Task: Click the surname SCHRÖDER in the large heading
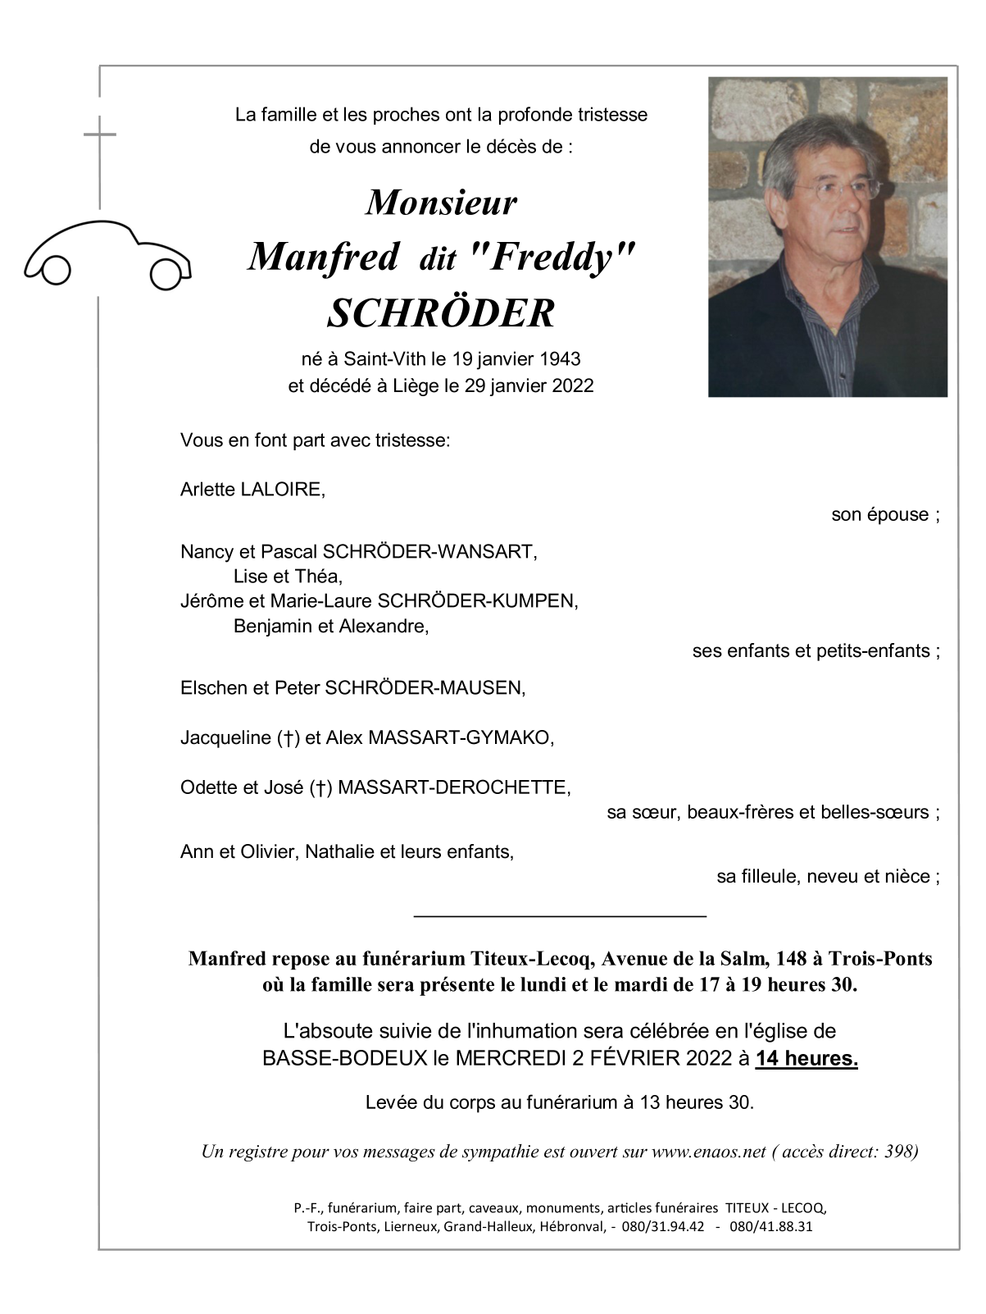(x=441, y=314)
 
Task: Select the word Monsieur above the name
(x=441, y=203)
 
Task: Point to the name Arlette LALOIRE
(x=252, y=490)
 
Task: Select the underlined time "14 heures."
(x=807, y=1059)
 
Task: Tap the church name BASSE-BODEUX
(x=344, y=1059)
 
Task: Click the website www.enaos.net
(x=708, y=1152)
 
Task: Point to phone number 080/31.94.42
(x=663, y=1227)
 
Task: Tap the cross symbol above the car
(x=99, y=135)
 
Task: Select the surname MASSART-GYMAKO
(x=461, y=738)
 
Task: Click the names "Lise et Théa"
(x=288, y=577)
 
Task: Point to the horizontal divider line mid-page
(x=560, y=915)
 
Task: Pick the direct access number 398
(x=899, y=1152)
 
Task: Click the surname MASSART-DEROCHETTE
(x=453, y=788)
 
